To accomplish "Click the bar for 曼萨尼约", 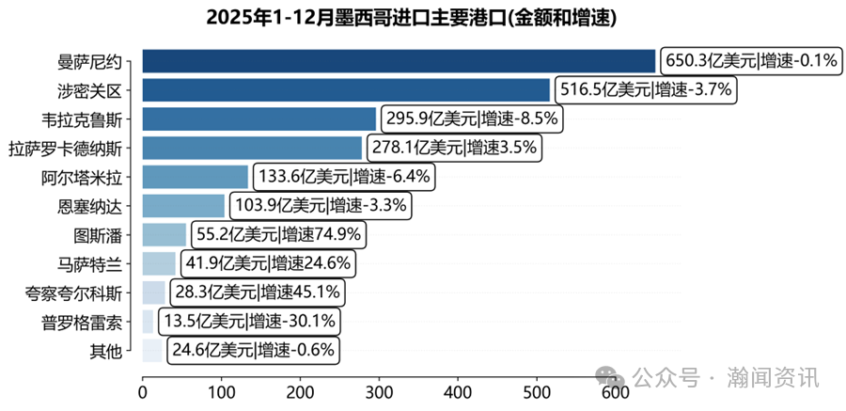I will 399,61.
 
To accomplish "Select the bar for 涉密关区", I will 346,90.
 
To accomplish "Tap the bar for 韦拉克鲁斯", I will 258,119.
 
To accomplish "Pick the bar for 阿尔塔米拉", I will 196,177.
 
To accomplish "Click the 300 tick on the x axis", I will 379,389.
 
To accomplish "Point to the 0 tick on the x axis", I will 143,389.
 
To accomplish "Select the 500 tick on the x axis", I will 536,389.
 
